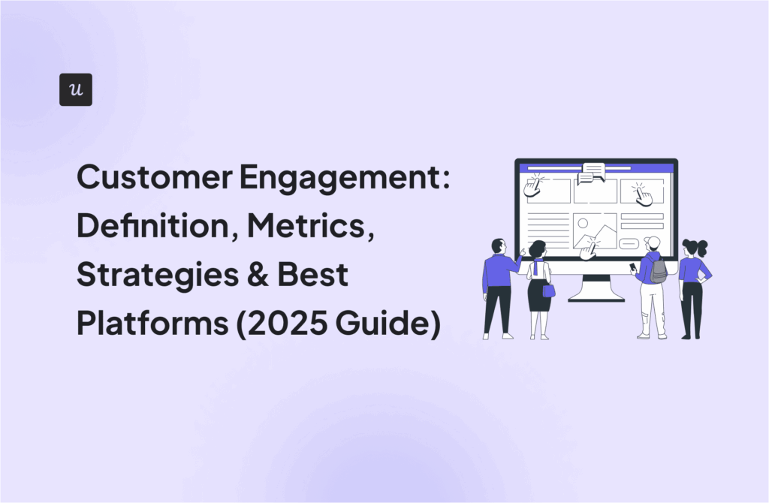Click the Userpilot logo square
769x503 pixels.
coord(76,89)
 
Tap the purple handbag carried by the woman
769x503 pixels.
coord(549,289)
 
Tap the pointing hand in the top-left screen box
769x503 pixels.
coord(532,185)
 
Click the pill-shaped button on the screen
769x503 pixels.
coord(629,242)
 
